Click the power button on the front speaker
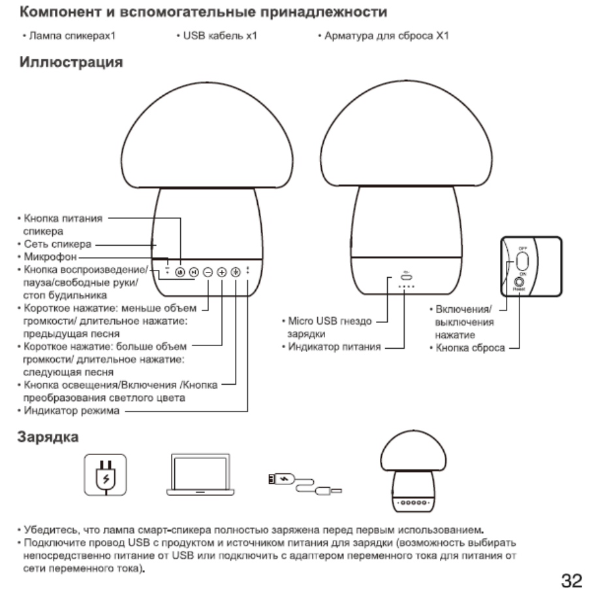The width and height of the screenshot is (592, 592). point(179,271)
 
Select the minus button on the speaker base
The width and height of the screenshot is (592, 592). point(207,271)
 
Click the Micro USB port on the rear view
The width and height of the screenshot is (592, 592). point(405,276)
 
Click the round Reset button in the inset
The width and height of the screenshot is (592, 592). point(520,283)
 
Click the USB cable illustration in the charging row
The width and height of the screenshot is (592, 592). point(304,482)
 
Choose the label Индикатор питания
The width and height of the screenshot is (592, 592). point(335,346)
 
